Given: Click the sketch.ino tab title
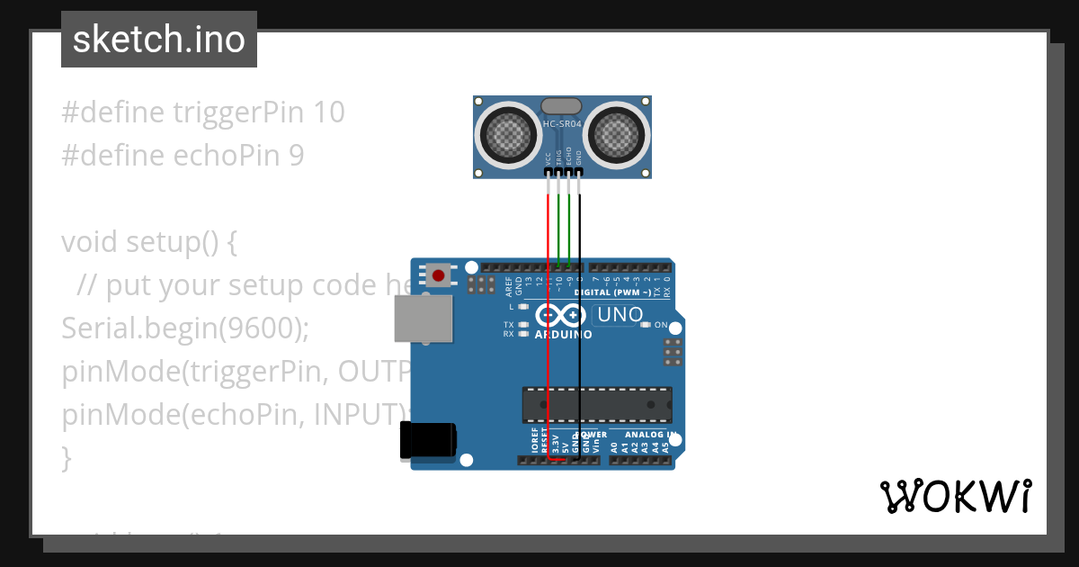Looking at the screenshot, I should (158, 40).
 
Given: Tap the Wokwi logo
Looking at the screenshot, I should (955, 496).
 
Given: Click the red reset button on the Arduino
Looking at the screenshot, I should (439, 275).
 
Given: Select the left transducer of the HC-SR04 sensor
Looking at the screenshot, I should (508, 136).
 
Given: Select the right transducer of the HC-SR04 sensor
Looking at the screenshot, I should (616, 136).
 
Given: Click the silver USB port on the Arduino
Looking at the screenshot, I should (424, 319).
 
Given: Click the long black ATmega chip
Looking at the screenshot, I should (597, 404).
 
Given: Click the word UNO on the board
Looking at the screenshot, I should (620, 315).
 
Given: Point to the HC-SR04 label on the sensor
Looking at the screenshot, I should (562, 123).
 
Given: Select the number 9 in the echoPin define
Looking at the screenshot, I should (296, 156).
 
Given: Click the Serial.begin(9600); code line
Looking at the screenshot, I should (185, 328).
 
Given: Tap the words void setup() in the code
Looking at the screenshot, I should (138, 242).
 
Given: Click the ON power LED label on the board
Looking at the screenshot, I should (661, 325).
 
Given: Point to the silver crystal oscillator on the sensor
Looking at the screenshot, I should (562, 106).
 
